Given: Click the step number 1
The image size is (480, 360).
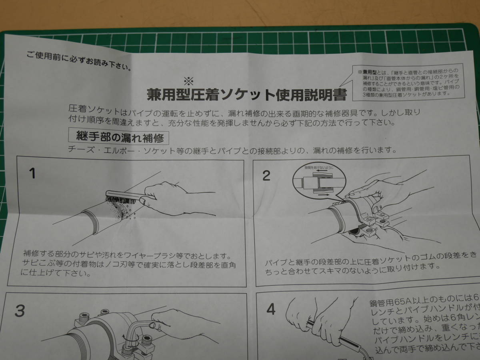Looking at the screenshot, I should [32, 173].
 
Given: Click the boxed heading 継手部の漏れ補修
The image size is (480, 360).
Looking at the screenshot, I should [119, 138].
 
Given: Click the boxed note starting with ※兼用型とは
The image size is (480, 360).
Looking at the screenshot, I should [408, 82].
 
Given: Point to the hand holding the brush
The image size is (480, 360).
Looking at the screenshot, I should [168, 196].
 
